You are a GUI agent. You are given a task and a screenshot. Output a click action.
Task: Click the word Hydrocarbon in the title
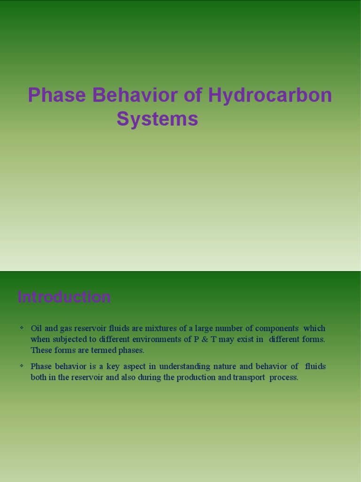(x=270, y=96)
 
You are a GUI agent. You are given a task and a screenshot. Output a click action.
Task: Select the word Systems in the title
(x=157, y=119)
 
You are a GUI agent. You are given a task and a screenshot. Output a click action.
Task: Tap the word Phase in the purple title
(x=57, y=96)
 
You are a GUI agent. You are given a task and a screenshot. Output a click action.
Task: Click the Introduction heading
(x=64, y=297)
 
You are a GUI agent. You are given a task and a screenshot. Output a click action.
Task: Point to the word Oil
(x=37, y=328)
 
